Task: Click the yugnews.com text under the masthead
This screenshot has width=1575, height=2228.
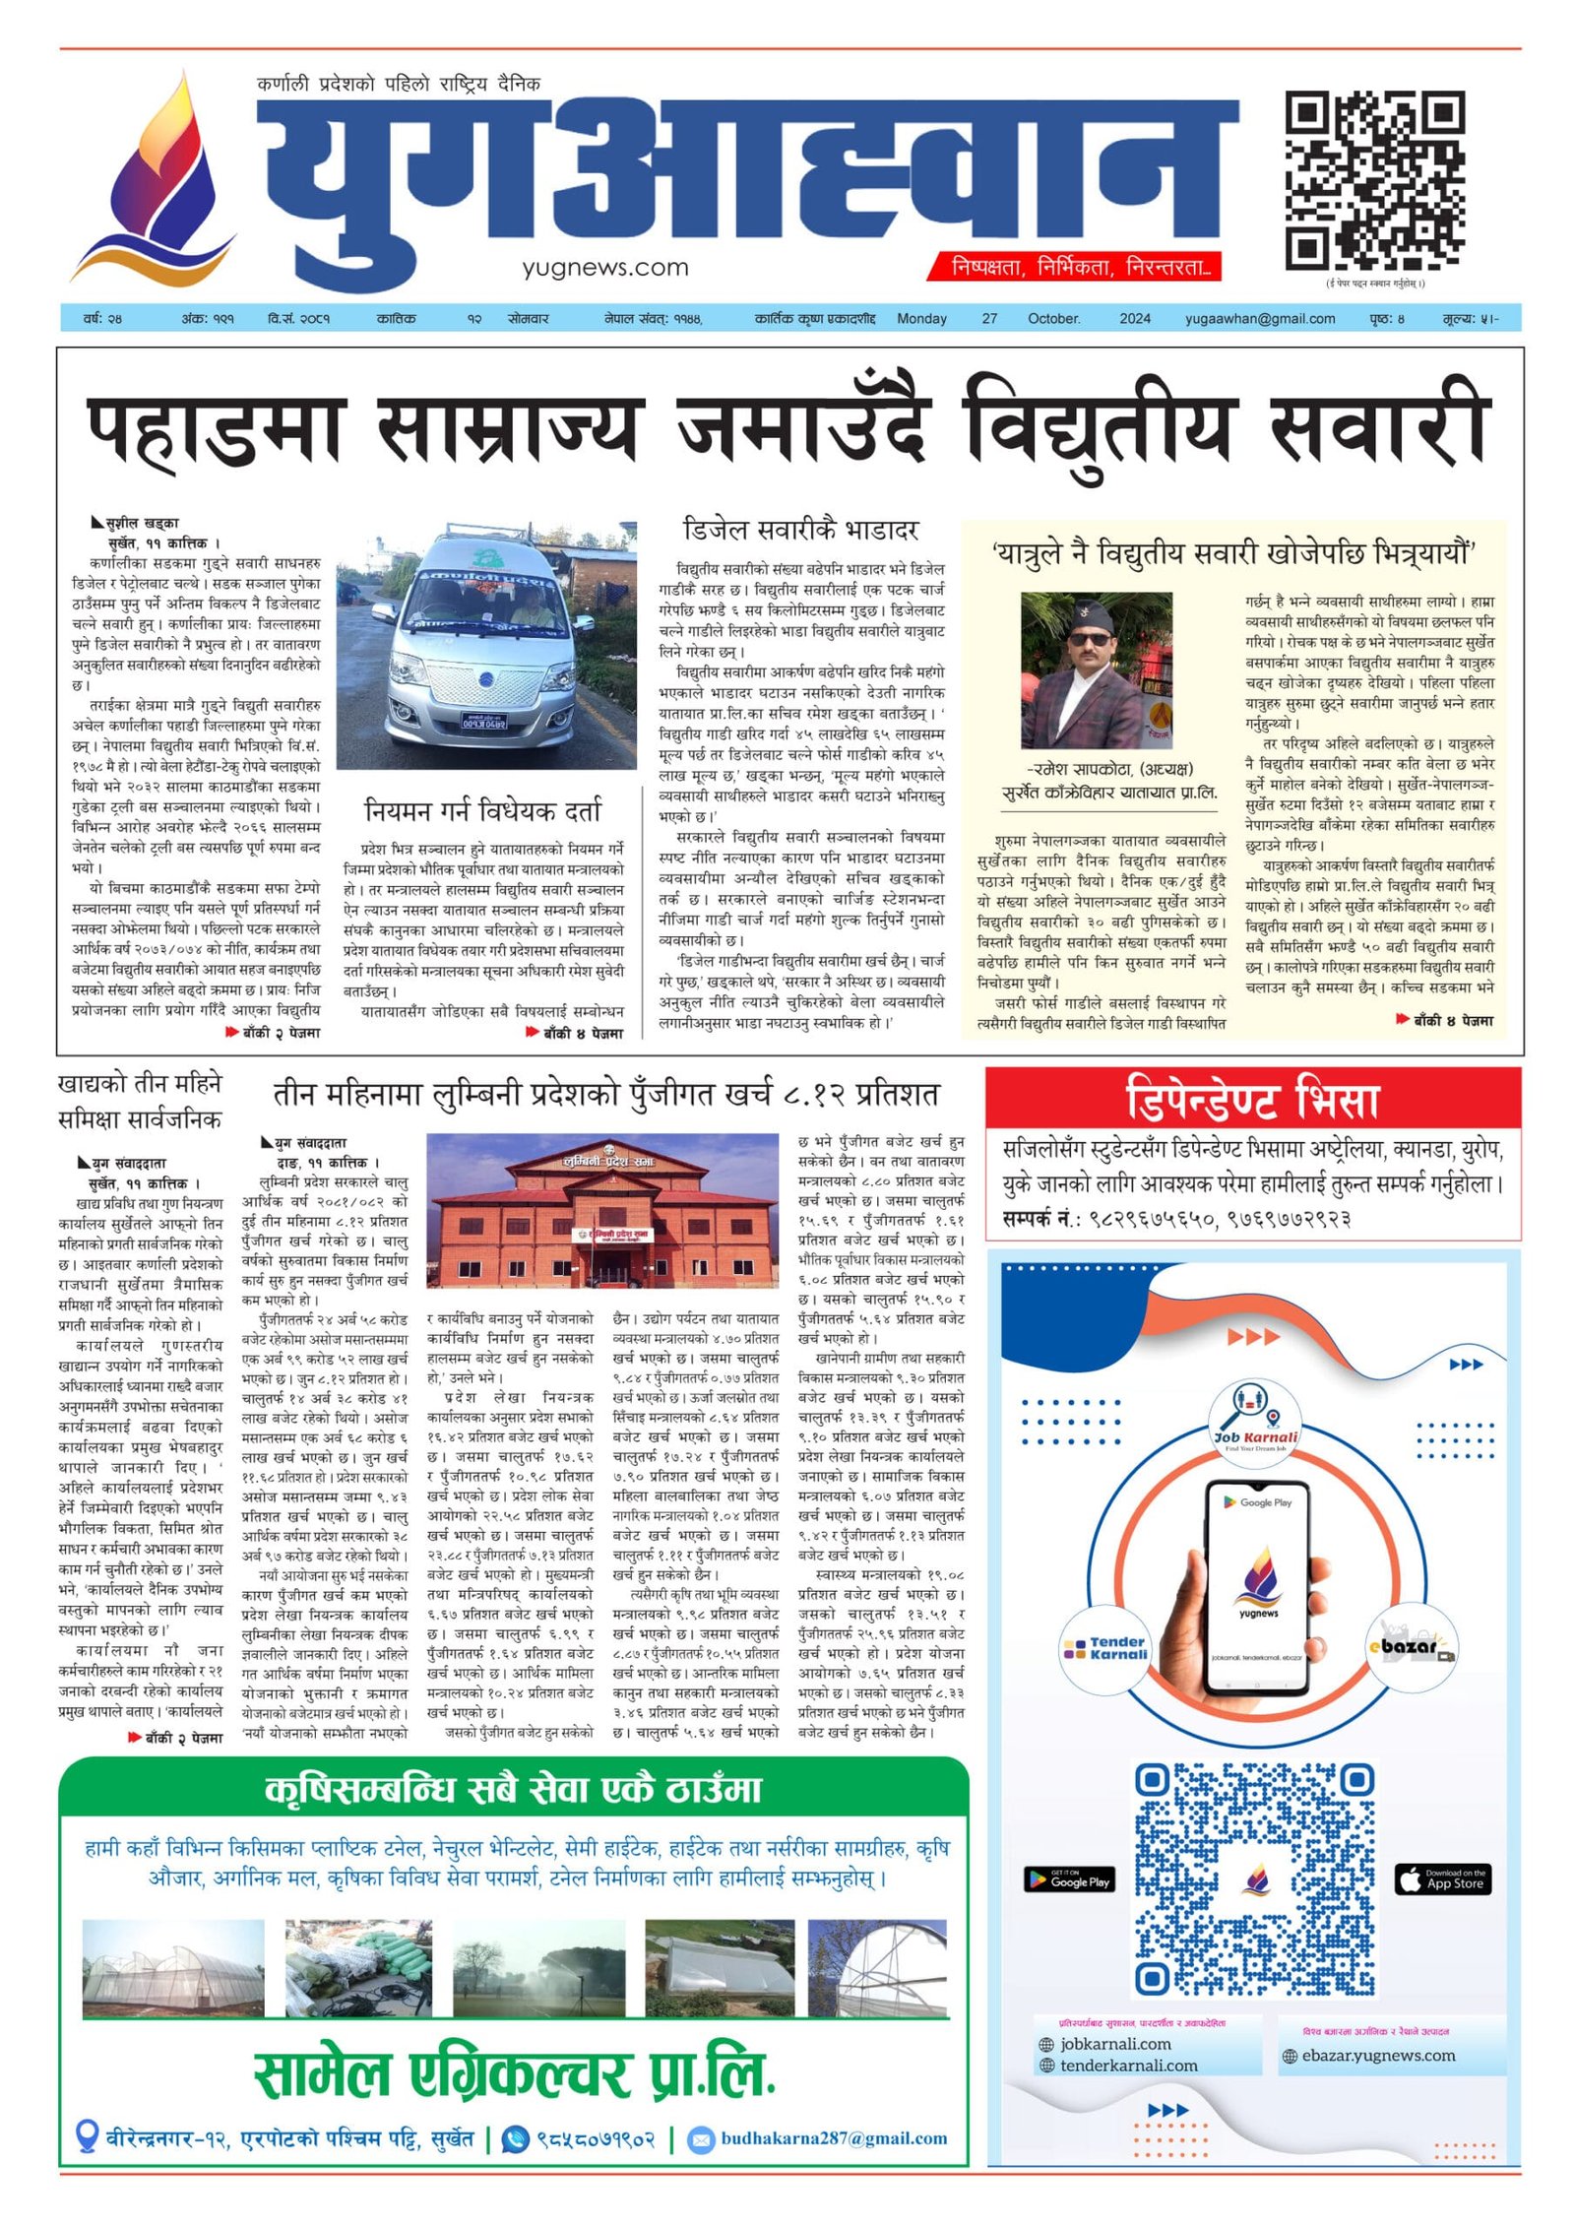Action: [x=604, y=267]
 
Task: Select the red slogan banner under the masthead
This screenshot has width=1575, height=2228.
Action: [x=1074, y=267]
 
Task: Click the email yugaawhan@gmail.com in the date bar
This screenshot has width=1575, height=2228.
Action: [x=1259, y=319]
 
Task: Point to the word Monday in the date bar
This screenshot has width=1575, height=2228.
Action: [x=921, y=319]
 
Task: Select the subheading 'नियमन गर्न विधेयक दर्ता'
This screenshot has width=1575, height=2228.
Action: [x=482, y=811]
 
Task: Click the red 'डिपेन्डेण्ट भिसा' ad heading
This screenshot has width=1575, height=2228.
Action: [x=1251, y=1101]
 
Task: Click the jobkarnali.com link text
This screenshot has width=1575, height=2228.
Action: [x=1115, y=2044]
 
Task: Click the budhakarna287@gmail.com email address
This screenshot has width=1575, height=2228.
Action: [x=833, y=2138]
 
